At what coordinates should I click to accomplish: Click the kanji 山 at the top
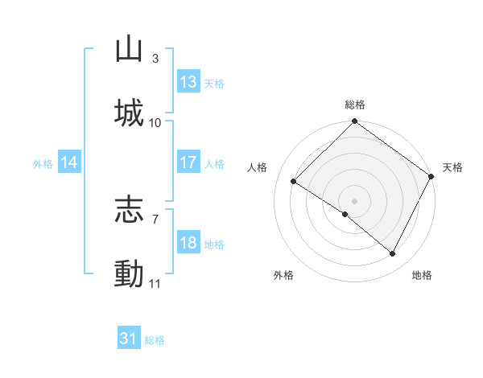click(x=129, y=49)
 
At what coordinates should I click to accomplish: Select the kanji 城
click(x=129, y=113)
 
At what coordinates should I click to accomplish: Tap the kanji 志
click(x=129, y=211)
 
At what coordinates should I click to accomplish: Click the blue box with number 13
click(x=188, y=82)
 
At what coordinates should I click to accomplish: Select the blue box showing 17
click(x=188, y=162)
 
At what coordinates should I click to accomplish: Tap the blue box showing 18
click(x=188, y=243)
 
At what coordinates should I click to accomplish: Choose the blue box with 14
click(x=69, y=162)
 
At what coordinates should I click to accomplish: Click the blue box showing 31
click(x=129, y=339)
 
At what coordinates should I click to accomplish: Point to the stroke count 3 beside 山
click(x=155, y=59)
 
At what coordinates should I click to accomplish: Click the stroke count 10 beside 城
click(x=155, y=123)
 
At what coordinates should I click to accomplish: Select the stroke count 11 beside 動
click(x=155, y=284)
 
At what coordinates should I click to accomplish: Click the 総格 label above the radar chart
click(x=354, y=105)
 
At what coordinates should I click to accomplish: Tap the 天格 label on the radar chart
click(x=452, y=167)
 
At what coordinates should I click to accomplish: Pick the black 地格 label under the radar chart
click(x=422, y=275)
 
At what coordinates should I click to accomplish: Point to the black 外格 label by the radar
click(x=283, y=275)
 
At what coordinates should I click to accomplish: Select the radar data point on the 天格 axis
click(x=431, y=175)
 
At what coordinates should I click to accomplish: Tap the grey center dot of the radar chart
click(x=354, y=200)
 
